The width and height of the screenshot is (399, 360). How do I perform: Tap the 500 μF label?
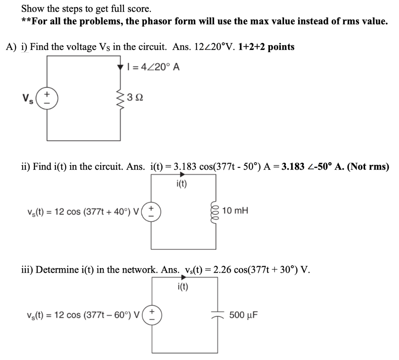point(243,314)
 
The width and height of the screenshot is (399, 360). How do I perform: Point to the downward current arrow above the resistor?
point(120,67)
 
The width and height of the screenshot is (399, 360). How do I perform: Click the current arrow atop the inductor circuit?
point(182,175)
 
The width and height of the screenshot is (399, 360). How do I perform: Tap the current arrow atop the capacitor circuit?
point(182,278)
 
